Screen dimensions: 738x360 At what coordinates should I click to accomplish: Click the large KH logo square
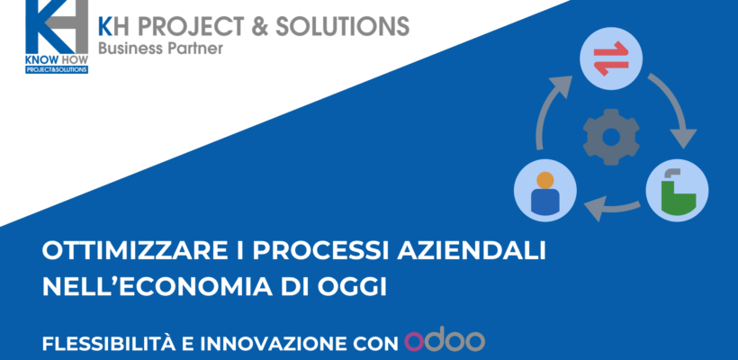[57, 27]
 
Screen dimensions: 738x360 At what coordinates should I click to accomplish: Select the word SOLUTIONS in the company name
[342, 26]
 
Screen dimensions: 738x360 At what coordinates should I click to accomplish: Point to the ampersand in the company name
[256, 26]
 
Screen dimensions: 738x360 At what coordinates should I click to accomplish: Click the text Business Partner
[160, 48]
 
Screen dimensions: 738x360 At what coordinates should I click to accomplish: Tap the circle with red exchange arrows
[611, 58]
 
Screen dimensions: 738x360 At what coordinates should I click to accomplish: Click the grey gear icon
[611, 137]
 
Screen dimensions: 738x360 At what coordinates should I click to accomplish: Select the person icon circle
[545, 191]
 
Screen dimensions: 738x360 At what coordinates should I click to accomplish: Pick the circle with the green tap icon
[677, 191]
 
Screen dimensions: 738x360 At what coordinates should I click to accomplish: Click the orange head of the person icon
[545, 180]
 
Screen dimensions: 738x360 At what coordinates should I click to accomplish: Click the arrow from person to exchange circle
[546, 109]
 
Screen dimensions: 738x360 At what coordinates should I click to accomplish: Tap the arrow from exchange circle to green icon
[678, 107]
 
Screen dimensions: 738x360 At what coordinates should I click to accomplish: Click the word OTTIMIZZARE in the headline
[121, 251]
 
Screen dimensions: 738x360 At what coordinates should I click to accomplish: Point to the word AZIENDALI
[472, 251]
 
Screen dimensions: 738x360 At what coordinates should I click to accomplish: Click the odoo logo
[445, 342]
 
